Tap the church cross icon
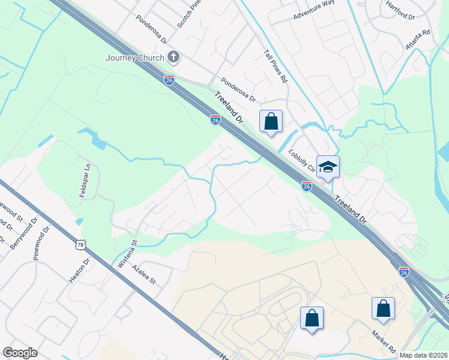pyautogui.click(x=174, y=58)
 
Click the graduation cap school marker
pyautogui.click(x=328, y=167)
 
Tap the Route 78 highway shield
pyautogui.click(x=80, y=244)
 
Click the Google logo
pyautogui.click(x=20, y=353)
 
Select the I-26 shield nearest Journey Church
pyautogui.click(x=170, y=80)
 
